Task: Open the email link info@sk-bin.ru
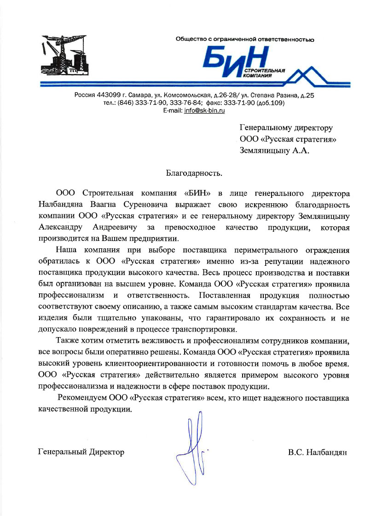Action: [204, 111]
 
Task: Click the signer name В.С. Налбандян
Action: [318, 452]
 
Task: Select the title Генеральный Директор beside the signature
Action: [81, 452]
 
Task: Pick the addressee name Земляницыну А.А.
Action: [274, 150]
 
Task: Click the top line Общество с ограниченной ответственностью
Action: [245, 40]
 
